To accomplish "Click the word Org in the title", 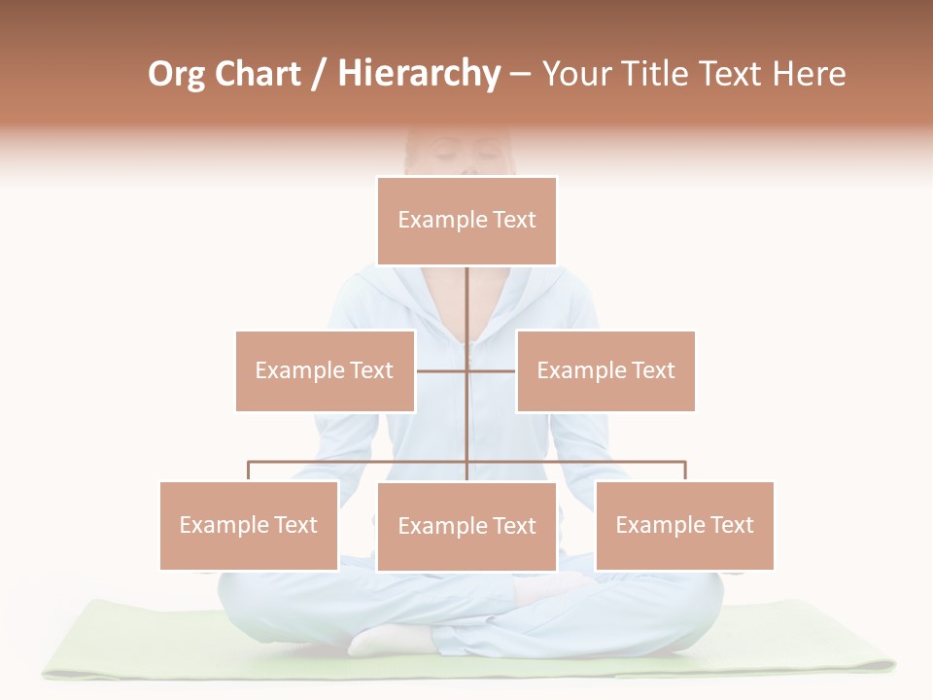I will pyautogui.click(x=176, y=75).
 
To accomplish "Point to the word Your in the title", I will pyautogui.click(x=576, y=75).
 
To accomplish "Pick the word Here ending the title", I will pyautogui.click(x=809, y=75).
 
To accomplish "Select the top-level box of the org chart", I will pyautogui.click(x=466, y=221).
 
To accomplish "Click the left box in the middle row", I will pyautogui.click(x=325, y=370).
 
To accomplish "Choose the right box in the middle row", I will pyautogui.click(x=605, y=370).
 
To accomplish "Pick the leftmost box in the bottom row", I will pyautogui.click(x=249, y=525).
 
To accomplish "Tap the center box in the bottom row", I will pyautogui.click(x=466, y=526).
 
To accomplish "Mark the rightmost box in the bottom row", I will pyautogui.click(x=684, y=525).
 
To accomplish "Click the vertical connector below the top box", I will pyautogui.click(x=466, y=301).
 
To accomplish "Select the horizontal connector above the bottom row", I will pyautogui.click(x=360, y=463).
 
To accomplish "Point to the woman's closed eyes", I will pyautogui.click(x=467, y=157).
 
